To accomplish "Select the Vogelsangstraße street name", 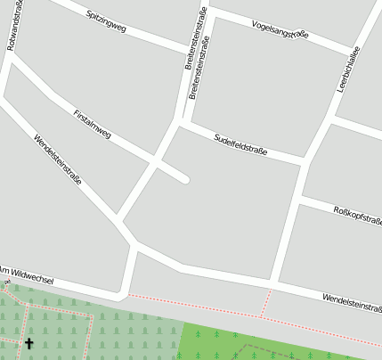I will coord(280,29).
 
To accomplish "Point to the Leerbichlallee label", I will coord(346,70).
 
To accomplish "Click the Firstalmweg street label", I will coord(93,125).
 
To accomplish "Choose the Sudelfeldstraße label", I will coord(240,143).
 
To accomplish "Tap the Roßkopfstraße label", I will coord(356,215).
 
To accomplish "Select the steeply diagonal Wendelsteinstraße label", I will coord(57,160).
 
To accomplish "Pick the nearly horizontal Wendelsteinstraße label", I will coord(352,303).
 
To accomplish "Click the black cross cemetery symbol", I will coord(28,343).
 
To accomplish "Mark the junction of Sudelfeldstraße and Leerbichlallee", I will coord(305,161).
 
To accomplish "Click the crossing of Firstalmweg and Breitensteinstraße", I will coord(155,161).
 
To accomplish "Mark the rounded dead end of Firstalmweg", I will coord(185,179).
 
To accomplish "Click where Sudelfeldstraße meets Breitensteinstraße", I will coord(181,124).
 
